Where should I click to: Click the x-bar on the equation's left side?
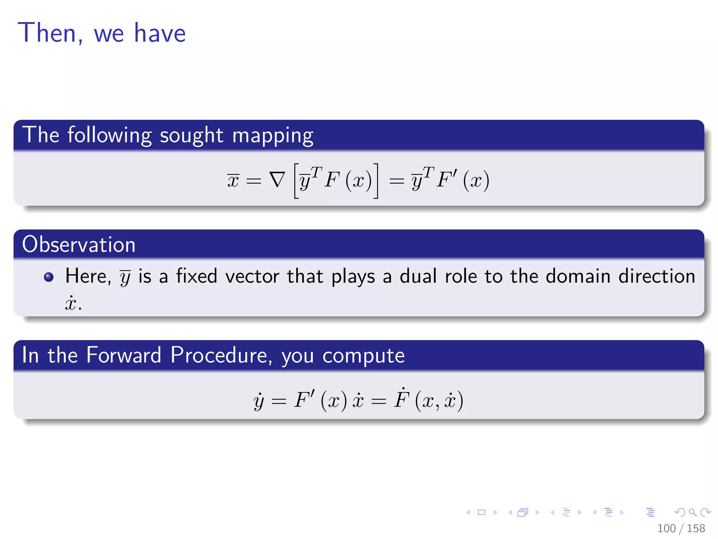233,180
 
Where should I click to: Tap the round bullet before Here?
49,277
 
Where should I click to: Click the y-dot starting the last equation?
259,401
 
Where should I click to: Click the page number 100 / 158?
680,528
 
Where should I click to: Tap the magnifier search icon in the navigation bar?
692,512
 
